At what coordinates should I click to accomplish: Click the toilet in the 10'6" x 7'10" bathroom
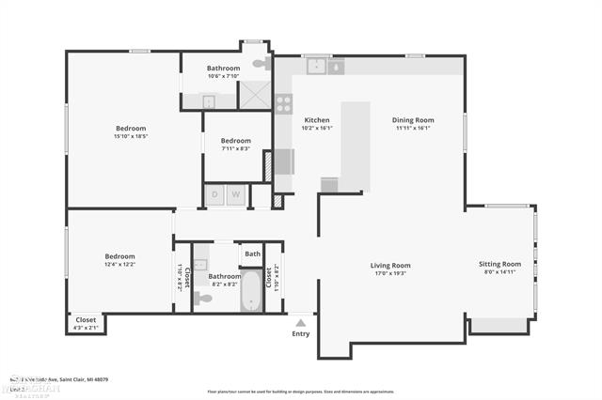(260, 64)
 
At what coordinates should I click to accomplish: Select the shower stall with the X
(254, 97)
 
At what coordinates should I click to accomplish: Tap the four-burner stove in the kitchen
(283, 103)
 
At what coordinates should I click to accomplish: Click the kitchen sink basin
(317, 66)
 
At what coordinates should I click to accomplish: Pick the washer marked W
(235, 195)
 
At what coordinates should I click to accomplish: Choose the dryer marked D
(214, 195)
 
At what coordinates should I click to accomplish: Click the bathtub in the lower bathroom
(251, 290)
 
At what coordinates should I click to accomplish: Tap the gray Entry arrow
(301, 321)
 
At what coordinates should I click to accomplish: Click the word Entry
(301, 333)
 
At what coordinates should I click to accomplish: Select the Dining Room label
(412, 119)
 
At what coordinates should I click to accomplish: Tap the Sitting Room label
(499, 264)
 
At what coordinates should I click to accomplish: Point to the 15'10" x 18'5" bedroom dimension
(131, 137)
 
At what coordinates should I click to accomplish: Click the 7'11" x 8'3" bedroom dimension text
(235, 148)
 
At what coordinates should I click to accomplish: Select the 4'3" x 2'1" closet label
(86, 328)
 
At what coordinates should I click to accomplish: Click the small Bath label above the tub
(252, 254)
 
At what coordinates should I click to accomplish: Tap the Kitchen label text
(317, 120)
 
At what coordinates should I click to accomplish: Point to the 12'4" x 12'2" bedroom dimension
(119, 265)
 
